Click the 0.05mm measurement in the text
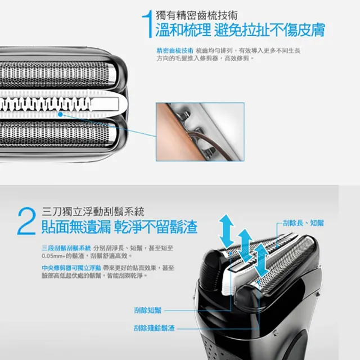[54, 255]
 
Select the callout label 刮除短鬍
[148, 310]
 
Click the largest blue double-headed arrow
[227, 231]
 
